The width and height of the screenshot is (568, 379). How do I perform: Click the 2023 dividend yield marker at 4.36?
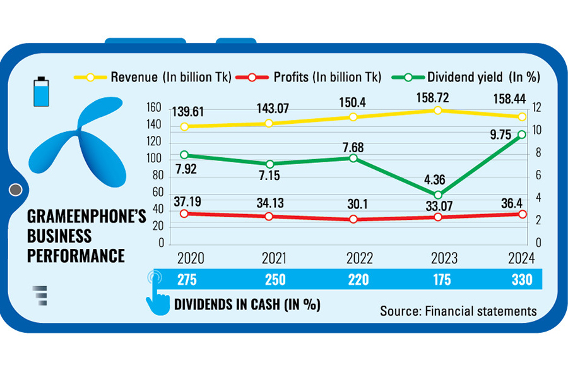(x=437, y=195)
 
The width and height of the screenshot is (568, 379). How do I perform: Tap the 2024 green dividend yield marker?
(x=522, y=135)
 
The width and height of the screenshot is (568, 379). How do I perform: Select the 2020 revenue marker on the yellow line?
(x=184, y=126)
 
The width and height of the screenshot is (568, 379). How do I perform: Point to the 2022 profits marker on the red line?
(x=353, y=219)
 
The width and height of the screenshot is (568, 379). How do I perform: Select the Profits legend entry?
(x=309, y=77)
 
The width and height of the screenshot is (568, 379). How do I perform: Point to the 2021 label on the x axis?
(x=269, y=259)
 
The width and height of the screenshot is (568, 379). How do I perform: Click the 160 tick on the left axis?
(x=156, y=107)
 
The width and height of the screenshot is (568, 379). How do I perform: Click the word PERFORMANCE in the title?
(x=75, y=255)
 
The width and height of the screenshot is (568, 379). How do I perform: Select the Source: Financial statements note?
(x=458, y=311)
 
